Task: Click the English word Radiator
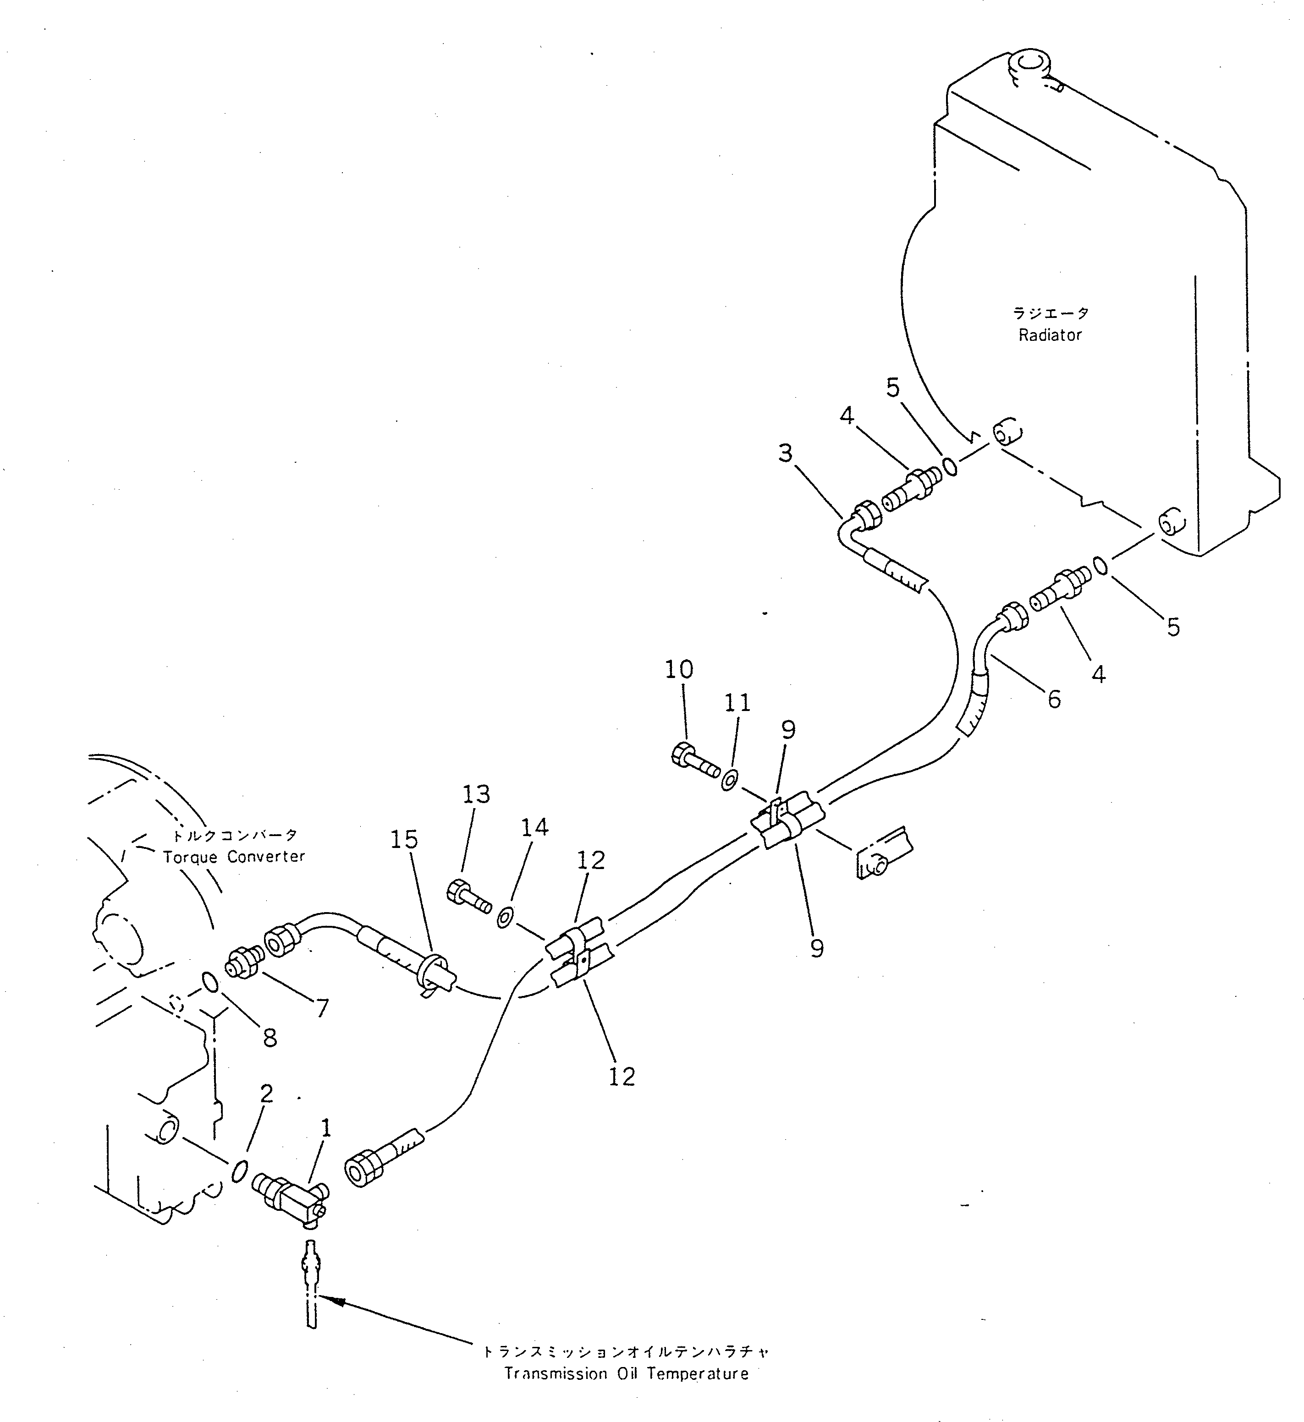point(1050,335)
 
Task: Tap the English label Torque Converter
point(234,857)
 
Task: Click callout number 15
point(404,839)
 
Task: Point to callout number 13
point(476,794)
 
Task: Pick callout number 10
point(679,669)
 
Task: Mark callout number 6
point(1053,699)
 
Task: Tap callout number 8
point(270,1038)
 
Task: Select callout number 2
point(266,1094)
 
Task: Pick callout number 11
point(737,703)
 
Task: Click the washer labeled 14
point(505,919)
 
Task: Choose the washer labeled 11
point(730,780)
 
